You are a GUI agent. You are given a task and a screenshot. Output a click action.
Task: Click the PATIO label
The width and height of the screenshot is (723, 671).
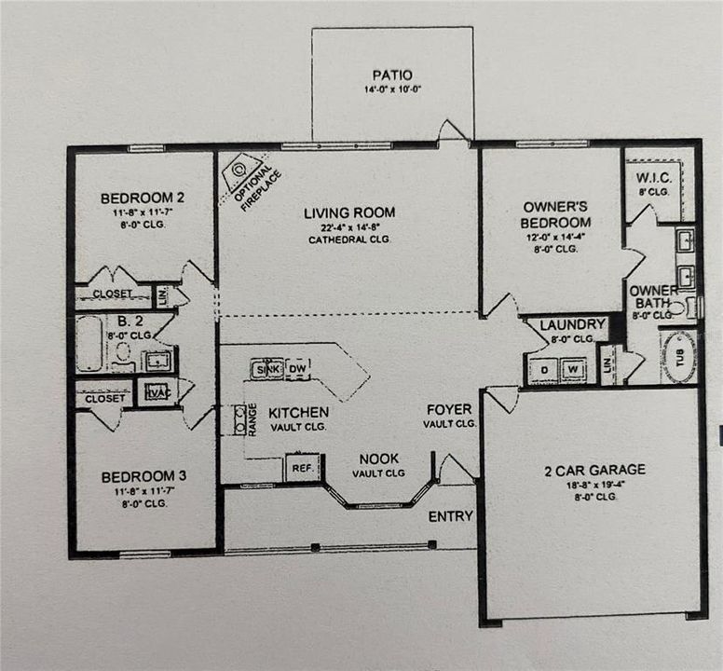[391, 75]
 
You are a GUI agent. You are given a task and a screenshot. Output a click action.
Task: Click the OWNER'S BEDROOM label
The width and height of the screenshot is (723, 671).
[556, 215]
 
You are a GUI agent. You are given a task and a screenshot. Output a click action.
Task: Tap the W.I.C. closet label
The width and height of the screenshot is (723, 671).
[653, 177]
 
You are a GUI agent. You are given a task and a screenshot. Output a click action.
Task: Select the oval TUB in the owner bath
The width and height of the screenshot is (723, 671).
[678, 358]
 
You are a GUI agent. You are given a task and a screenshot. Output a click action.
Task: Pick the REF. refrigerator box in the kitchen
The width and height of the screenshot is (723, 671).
[301, 468]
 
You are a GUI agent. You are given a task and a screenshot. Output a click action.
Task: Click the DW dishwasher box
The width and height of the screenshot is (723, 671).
[297, 368]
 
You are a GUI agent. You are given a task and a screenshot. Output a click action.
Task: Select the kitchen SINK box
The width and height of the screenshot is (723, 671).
[266, 369]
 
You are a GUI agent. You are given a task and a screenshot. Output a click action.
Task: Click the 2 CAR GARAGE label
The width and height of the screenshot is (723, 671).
[593, 470]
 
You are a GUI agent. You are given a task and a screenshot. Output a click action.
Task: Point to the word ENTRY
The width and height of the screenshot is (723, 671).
[450, 516]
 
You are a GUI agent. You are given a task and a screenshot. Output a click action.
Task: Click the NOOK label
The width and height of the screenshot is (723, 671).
[379, 459]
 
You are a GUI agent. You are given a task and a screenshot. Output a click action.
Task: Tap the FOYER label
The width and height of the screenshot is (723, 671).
[449, 410]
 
